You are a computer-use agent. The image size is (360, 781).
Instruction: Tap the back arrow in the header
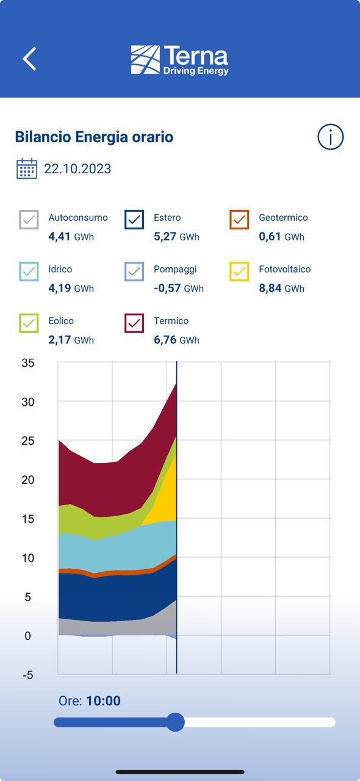pyautogui.click(x=29, y=59)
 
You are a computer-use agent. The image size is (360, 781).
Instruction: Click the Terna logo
pyautogui.click(x=179, y=60)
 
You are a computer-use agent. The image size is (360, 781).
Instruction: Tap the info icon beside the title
pyautogui.click(x=330, y=137)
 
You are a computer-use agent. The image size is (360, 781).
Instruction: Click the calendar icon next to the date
pyautogui.click(x=27, y=168)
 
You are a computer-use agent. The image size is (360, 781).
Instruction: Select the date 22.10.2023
pyautogui.click(x=77, y=169)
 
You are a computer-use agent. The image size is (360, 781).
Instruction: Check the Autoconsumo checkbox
pyautogui.click(x=29, y=219)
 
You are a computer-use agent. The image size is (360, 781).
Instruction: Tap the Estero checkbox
pyautogui.click(x=134, y=219)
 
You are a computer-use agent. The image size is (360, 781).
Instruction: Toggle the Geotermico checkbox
pyautogui.click(x=239, y=219)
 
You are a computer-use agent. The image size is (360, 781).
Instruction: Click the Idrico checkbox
pyautogui.click(x=29, y=272)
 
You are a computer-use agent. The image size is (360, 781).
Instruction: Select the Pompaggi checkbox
pyautogui.click(x=134, y=272)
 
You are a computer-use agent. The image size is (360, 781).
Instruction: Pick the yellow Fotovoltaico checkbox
pyautogui.click(x=239, y=272)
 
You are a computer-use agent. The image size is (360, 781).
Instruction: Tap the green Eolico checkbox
pyautogui.click(x=29, y=323)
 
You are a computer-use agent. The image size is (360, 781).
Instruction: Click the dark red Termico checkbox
pyautogui.click(x=134, y=323)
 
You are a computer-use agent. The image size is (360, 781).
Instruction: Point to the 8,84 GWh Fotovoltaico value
pyautogui.click(x=281, y=289)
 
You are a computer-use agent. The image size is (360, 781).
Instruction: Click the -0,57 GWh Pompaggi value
pyautogui.click(x=179, y=289)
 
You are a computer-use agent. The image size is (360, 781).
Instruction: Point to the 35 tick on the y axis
pyautogui.click(x=28, y=363)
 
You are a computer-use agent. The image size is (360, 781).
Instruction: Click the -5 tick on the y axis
pyautogui.click(x=28, y=675)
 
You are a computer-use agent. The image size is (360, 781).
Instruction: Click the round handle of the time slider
pyautogui.click(x=175, y=722)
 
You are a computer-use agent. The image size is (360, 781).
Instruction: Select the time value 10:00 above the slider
pyautogui.click(x=103, y=701)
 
